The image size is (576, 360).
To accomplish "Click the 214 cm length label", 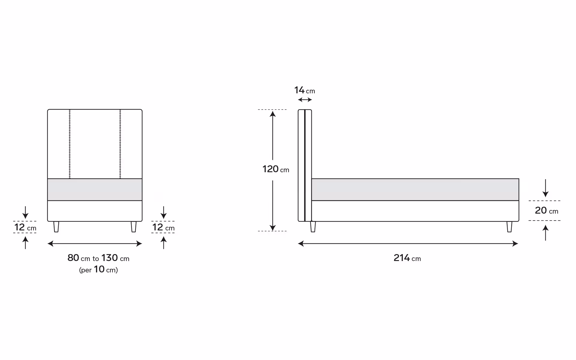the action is (x=407, y=258).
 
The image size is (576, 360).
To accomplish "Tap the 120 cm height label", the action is (x=276, y=169).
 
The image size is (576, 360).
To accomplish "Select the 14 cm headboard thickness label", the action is (x=304, y=90).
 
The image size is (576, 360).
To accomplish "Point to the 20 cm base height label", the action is (x=546, y=211).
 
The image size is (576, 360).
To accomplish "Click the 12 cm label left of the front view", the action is (x=25, y=227).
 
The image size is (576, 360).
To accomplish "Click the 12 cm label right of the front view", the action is (x=163, y=227).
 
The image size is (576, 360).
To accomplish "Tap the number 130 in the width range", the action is (x=109, y=258).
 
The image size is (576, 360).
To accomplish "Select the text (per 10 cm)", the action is (x=98, y=269).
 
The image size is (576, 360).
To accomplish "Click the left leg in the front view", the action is (x=56, y=227).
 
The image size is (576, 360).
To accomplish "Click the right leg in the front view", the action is (x=133, y=227).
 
